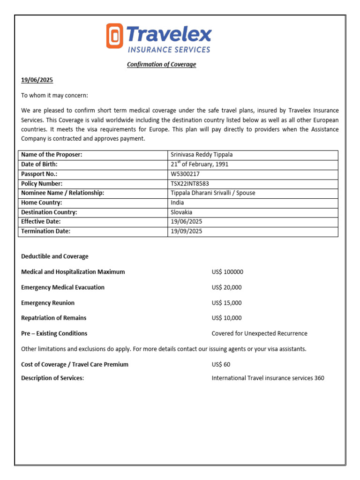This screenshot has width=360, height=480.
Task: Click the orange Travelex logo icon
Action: [x=114, y=36]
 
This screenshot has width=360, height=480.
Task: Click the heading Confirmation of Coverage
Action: [x=161, y=64]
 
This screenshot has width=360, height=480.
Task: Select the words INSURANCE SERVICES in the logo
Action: [x=169, y=49]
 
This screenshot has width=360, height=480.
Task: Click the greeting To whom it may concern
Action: [x=54, y=96]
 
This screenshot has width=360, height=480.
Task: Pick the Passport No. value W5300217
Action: [x=185, y=174]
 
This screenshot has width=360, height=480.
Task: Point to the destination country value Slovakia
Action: [x=181, y=212]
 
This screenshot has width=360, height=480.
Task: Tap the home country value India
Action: [x=177, y=202]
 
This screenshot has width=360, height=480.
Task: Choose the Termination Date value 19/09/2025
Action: [x=187, y=231]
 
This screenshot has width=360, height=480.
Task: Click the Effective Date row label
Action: [x=41, y=221]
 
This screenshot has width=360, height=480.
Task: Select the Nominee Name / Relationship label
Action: [x=62, y=193]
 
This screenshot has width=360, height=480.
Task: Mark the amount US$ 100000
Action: [x=227, y=272]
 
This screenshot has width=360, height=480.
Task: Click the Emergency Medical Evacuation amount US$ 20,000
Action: [x=227, y=287]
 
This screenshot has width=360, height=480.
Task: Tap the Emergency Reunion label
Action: [x=48, y=303]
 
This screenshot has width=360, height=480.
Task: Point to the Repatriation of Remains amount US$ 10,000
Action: [x=227, y=318]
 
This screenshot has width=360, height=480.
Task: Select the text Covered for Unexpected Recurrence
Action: [x=259, y=333]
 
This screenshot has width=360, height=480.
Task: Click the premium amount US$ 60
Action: [x=221, y=364]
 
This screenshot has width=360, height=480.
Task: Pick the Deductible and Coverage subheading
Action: [x=55, y=256]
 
